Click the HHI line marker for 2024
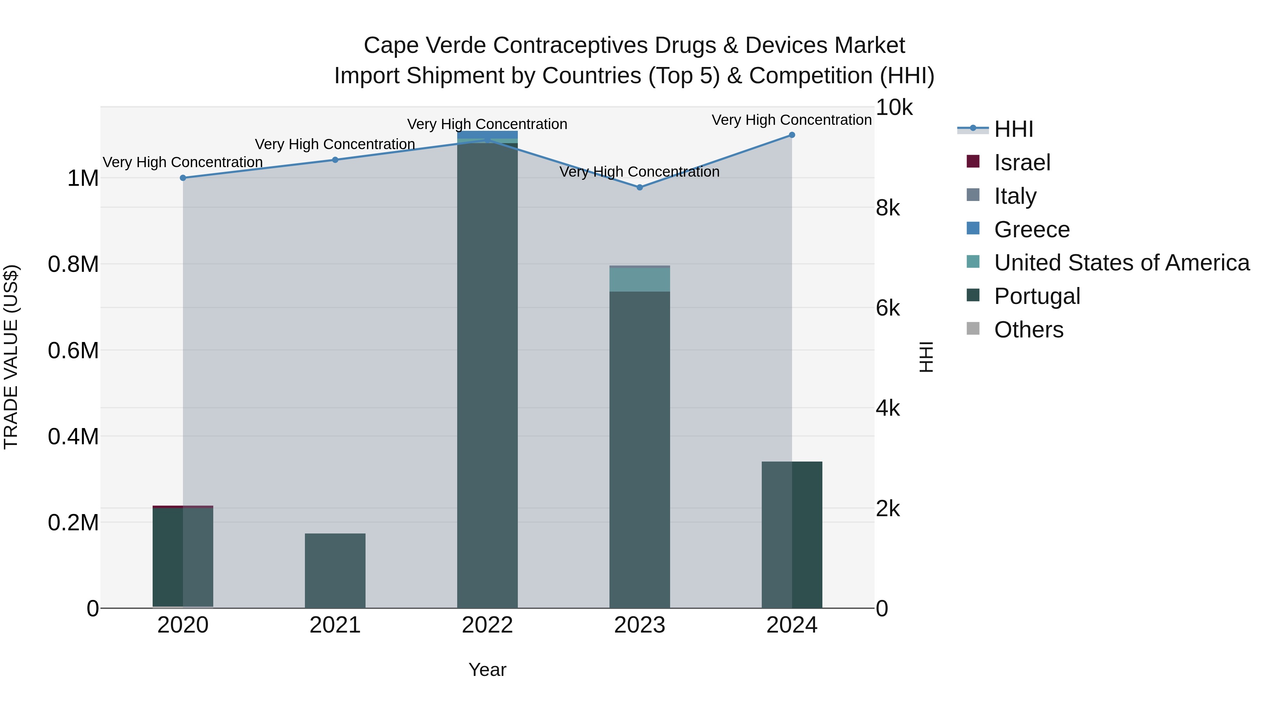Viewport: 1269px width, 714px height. (792, 135)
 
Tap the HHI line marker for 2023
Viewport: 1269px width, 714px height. (639, 187)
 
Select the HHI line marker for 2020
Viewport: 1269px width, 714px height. (183, 178)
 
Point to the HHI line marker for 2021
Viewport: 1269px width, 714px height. (335, 160)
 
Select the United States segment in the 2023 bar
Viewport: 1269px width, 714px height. (639, 279)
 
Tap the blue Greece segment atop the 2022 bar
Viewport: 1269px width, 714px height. (487, 135)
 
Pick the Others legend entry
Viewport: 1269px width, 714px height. (1028, 330)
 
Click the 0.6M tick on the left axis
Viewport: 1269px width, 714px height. (73, 351)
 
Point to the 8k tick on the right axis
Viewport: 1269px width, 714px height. (888, 208)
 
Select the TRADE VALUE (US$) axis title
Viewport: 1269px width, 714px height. (11, 357)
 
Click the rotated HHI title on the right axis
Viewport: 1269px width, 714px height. (926, 357)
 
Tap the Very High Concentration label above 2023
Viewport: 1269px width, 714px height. (639, 172)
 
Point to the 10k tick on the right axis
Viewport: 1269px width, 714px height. (894, 108)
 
